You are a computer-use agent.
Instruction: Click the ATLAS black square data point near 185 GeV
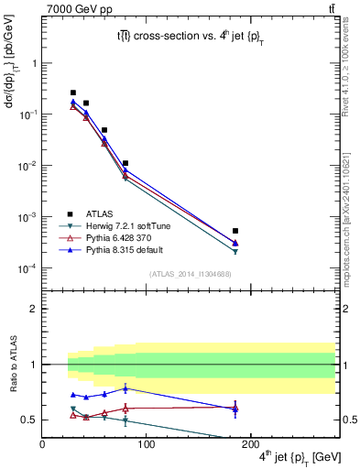point(235,231)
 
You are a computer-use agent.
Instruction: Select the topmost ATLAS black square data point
point(73,93)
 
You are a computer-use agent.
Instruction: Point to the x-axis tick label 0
point(42,443)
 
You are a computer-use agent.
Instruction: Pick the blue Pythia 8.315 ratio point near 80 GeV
point(125,388)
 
